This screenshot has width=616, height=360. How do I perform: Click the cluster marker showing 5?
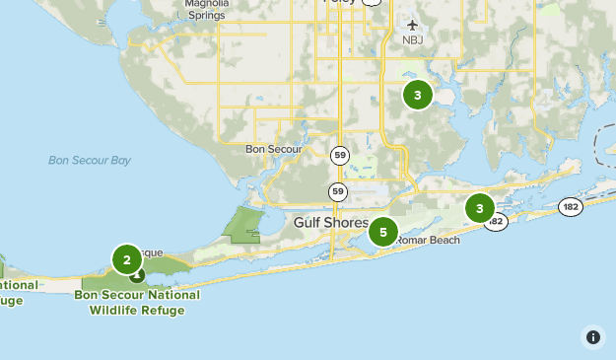click(382, 232)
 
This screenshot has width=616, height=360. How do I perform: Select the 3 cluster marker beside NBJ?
click(418, 95)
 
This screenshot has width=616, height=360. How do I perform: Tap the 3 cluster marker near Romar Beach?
click(480, 208)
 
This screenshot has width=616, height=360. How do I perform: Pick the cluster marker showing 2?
click(127, 259)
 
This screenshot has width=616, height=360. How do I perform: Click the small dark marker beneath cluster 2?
click(137, 276)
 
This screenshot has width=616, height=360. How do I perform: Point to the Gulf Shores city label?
click(330, 223)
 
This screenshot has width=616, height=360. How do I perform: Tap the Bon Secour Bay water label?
click(90, 160)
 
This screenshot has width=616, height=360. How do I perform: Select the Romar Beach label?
click(428, 240)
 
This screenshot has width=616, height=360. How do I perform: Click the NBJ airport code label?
click(411, 40)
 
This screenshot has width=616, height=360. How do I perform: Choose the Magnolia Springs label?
click(207, 10)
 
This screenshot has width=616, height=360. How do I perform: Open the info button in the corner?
click(592, 336)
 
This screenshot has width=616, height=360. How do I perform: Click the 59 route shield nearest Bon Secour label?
click(339, 155)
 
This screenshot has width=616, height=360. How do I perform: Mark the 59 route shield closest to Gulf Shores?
click(339, 190)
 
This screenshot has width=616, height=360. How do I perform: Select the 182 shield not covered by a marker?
click(570, 206)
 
